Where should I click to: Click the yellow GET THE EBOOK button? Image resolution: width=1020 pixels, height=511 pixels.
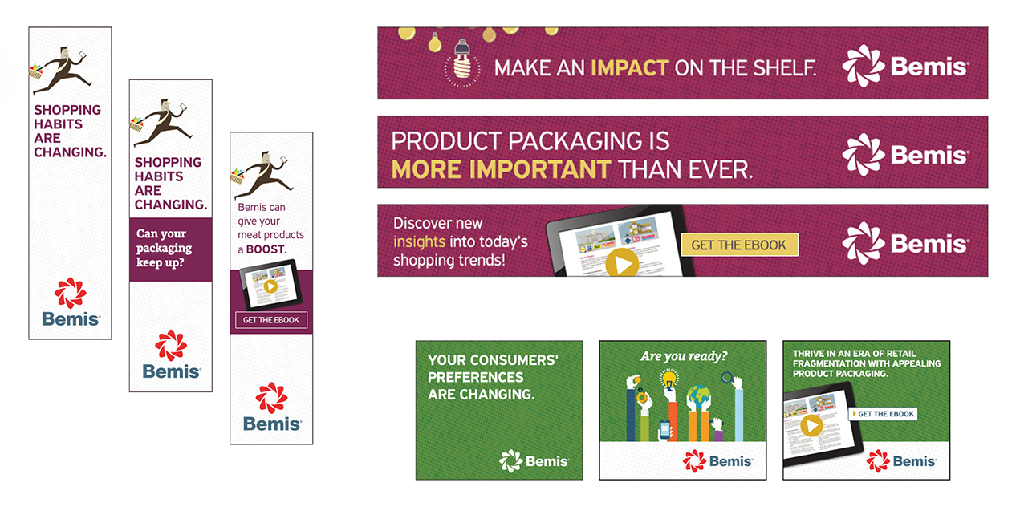pyautogui.click(x=739, y=245)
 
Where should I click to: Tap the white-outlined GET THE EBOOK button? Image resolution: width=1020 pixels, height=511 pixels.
pyautogui.click(x=271, y=320)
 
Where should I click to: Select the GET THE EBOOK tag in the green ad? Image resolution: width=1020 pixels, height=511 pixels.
pyautogui.click(x=883, y=414)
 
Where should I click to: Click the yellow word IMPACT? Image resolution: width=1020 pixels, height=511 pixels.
pyautogui.click(x=630, y=68)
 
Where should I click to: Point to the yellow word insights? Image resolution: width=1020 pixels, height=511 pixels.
pyautogui.click(x=419, y=241)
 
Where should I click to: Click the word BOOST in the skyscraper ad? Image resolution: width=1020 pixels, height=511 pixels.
pyautogui.click(x=266, y=249)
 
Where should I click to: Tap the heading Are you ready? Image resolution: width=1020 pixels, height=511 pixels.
pyautogui.click(x=684, y=356)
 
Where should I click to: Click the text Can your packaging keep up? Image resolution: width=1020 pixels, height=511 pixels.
pyautogui.click(x=164, y=248)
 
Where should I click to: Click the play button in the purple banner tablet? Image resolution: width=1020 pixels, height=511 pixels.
pyautogui.click(x=622, y=263)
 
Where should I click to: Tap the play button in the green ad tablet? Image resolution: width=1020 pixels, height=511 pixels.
pyautogui.click(x=811, y=426)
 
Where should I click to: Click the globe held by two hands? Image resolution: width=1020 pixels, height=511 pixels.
pyautogui.click(x=698, y=395)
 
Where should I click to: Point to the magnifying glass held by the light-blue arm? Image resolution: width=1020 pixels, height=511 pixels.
pyautogui.click(x=727, y=378)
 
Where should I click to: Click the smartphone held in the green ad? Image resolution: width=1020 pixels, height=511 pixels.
pyautogui.click(x=665, y=429)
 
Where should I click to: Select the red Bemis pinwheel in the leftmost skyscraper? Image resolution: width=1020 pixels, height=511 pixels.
pyautogui.click(x=70, y=293)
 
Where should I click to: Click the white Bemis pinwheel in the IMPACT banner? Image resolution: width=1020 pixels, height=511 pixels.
pyautogui.click(x=863, y=66)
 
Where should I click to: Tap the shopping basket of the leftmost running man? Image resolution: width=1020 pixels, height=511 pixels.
pyautogui.click(x=36, y=72)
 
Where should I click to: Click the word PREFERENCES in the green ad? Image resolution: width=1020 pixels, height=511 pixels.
pyautogui.click(x=475, y=377)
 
